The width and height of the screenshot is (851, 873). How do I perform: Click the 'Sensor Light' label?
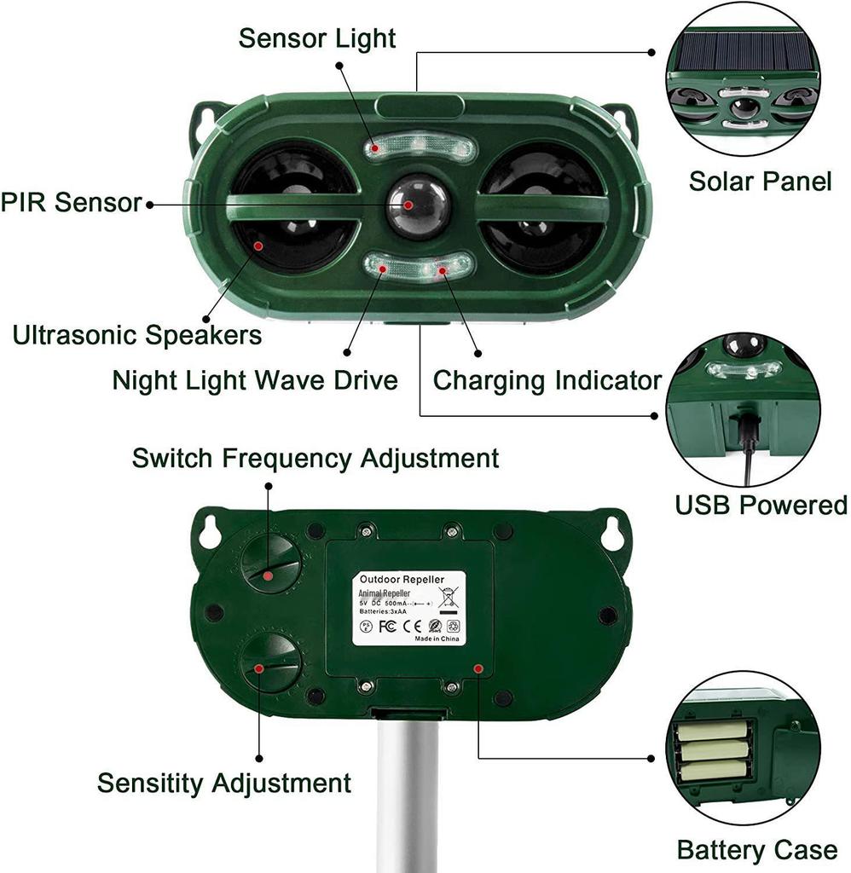tap(316, 38)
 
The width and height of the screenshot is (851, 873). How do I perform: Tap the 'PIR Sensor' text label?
tap(72, 203)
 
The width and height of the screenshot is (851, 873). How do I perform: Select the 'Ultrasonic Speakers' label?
tap(137, 335)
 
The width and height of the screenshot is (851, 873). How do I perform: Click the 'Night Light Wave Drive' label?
tap(255, 379)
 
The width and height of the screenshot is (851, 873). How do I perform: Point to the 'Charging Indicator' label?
tap(547, 379)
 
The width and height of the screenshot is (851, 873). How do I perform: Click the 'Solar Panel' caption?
tap(760, 181)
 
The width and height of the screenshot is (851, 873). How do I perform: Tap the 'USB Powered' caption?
tap(761, 505)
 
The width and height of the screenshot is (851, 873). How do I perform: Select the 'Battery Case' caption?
tap(756, 849)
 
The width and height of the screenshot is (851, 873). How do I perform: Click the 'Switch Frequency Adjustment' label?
tap(315, 458)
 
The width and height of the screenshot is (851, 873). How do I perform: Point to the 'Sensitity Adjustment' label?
tap(223, 782)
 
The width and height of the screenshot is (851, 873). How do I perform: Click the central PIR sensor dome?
tap(417, 206)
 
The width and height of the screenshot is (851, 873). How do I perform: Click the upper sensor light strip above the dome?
tap(418, 148)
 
